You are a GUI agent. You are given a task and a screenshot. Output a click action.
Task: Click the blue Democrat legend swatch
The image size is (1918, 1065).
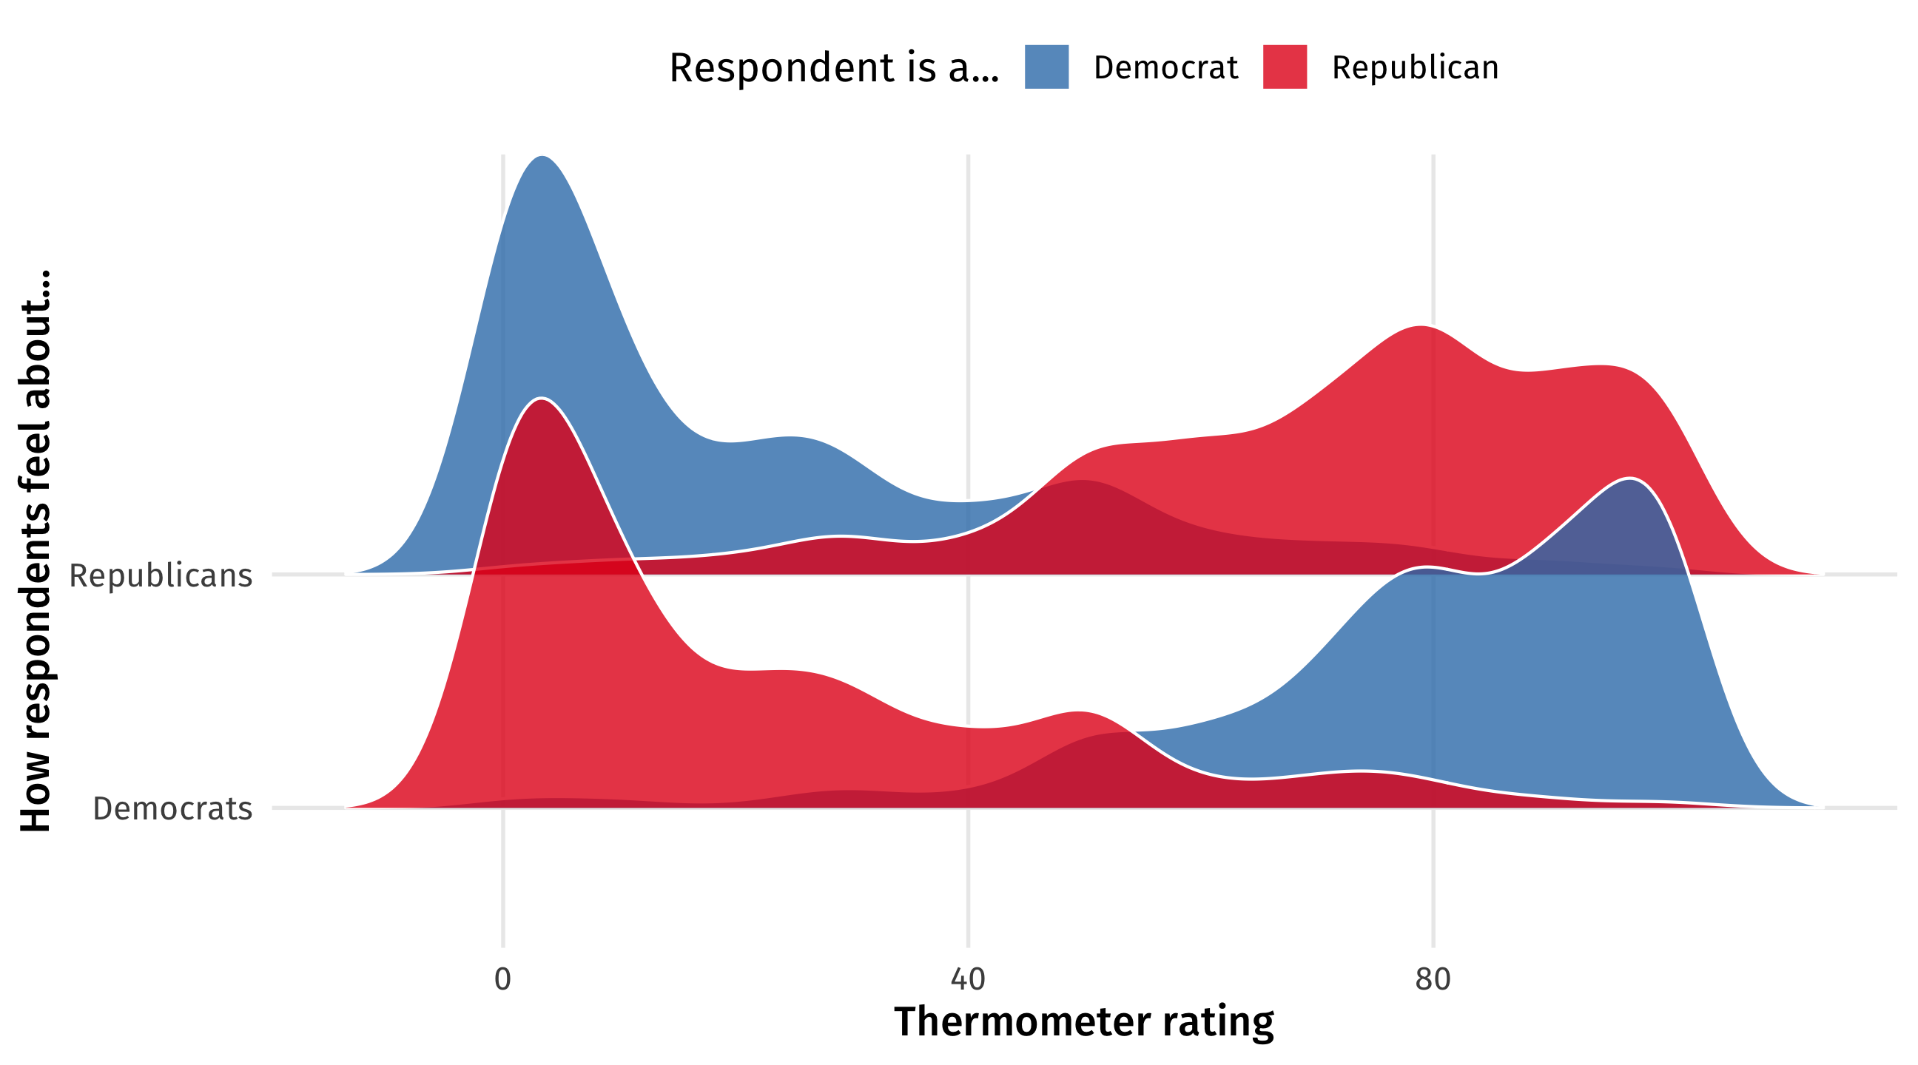point(1046,67)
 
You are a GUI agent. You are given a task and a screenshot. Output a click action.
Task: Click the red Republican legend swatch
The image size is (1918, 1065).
point(1285,67)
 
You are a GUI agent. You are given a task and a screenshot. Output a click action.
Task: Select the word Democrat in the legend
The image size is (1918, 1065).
point(1165,68)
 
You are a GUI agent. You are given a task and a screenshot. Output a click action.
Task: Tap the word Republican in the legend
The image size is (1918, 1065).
point(1415,68)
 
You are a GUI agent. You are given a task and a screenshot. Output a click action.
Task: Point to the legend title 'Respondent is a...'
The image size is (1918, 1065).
point(834,68)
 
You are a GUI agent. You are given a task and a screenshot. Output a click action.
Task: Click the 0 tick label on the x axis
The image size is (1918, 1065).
point(502,979)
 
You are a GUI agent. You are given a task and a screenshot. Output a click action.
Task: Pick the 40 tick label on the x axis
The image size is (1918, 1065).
point(968,979)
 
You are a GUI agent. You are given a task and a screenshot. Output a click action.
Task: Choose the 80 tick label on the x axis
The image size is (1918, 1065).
point(1433,979)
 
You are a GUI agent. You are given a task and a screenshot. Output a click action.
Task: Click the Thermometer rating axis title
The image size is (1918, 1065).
point(1083,1022)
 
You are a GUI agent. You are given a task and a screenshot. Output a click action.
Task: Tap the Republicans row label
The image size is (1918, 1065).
point(161,576)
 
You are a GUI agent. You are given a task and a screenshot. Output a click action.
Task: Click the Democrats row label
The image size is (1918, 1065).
point(172,809)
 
